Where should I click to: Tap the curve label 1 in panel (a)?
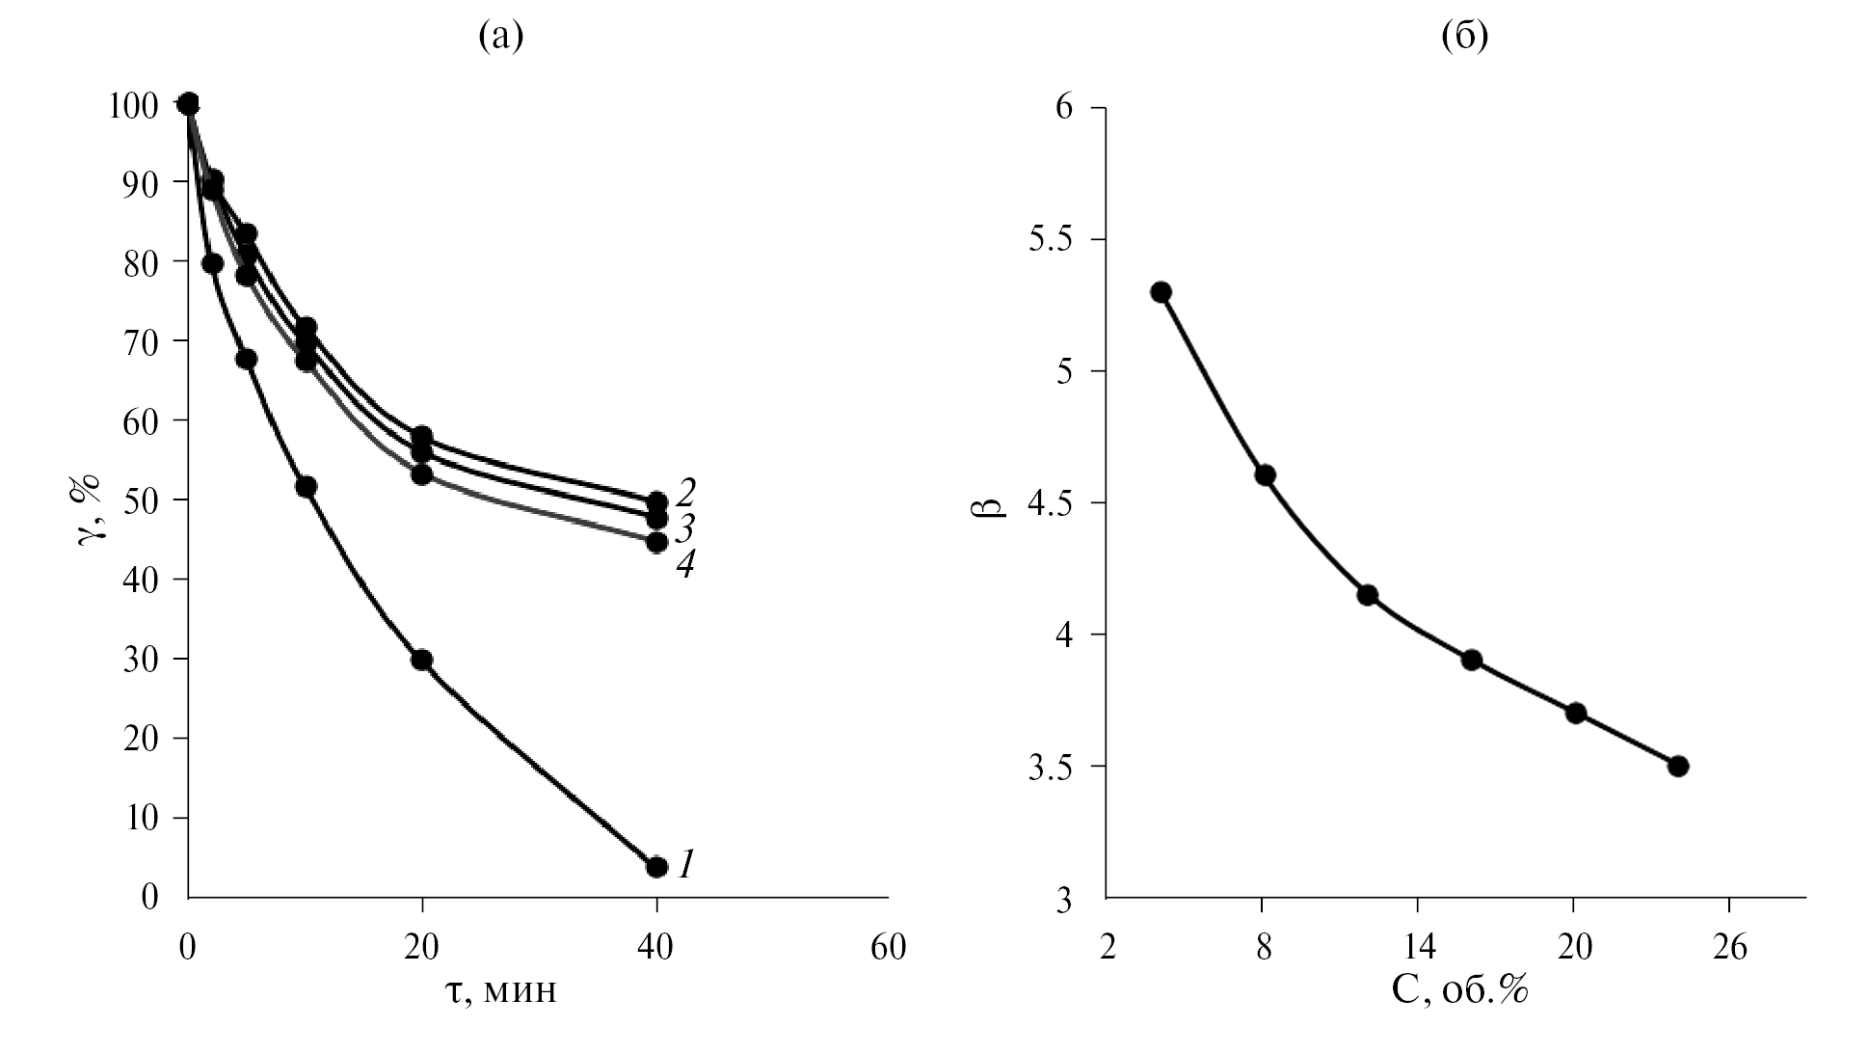[x=685, y=864]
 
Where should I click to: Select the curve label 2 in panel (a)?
[x=685, y=493]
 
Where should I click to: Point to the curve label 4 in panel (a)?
[x=684, y=564]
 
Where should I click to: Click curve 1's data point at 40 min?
[x=656, y=867]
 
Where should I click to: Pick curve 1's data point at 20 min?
[x=421, y=660]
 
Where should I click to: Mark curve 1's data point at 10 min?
[x=306, y=487]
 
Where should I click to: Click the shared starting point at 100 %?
[x=189, y=103]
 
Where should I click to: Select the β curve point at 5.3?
[x=1161, y=292]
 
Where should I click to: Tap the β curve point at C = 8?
[x=1266, y=475]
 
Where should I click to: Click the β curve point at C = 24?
[x=1678, y=766]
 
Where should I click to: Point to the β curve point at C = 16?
[x=1471, y=661]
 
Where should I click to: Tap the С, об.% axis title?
[x=1461, y=991]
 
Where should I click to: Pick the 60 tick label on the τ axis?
[x=888, y=949]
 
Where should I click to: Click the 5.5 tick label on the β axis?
[x=1050, y=239]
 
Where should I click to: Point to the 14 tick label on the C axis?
[x=1418, y=949]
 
